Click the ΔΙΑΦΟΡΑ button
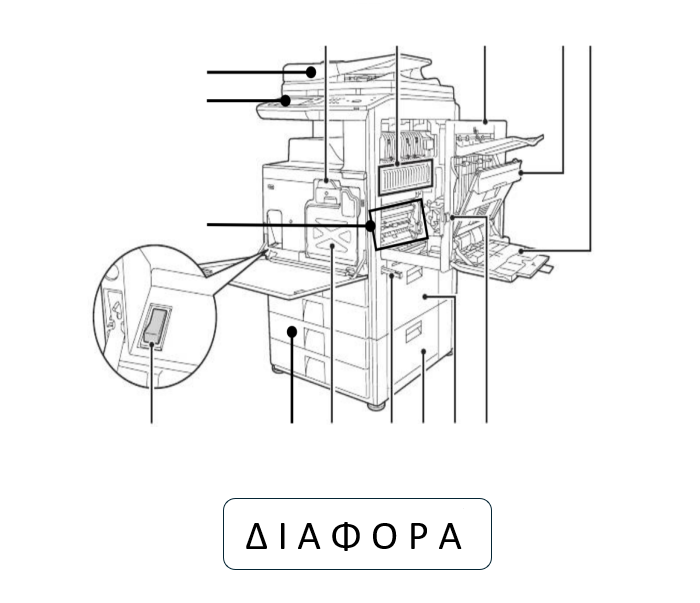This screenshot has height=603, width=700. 357,534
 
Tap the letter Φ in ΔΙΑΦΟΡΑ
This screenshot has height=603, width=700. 346,536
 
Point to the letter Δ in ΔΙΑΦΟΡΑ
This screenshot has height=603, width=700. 257,536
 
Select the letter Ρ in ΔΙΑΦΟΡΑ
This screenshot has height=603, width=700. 418,536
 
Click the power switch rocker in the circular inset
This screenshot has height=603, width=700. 156,325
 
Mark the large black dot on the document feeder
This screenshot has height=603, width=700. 311,72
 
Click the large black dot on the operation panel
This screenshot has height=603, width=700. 285,100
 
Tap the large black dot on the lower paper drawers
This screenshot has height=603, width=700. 292,332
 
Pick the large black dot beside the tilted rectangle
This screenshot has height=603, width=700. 370,226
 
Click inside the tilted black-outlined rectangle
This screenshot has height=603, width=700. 399,224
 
